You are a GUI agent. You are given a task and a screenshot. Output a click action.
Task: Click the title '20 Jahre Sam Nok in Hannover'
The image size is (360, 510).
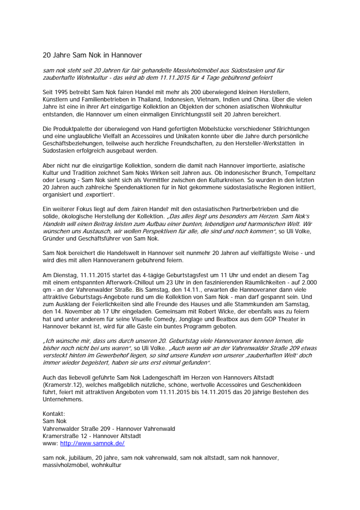coord(93,55)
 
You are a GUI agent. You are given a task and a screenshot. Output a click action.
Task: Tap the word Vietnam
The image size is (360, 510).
coord(241,99)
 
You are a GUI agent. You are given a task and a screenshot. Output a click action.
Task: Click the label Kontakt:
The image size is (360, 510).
coord(54,413)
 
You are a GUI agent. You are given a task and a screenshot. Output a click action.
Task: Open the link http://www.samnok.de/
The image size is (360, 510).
coord(92,443)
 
